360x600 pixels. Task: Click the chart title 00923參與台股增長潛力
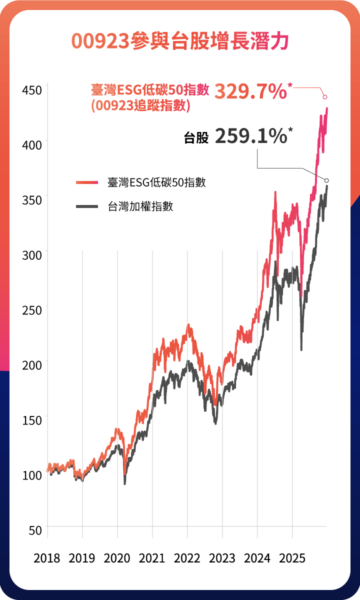pyautogui.click(x=180, y=41)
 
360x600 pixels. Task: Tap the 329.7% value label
pyautogui.click(x=250, y=92)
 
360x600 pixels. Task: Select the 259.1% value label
pyautogui.click(x=250, y=136)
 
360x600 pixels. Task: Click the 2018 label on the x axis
pyautogui.click(x=46, y=558)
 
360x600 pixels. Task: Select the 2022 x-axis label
pyautogui.click(x=187, y=558)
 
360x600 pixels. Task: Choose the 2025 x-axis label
pyautogui.click(x=292, y=558)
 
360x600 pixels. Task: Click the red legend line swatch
pyautogui.click(x=87, y=182)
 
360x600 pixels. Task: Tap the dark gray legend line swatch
pyautogui.click(x=87, y=206)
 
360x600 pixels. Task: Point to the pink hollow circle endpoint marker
pyautogui.click(x=325, y=97)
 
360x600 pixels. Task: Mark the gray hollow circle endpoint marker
pyautogui.click(x=327, y=180)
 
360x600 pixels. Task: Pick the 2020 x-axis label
pyautogui.click(x=117, y=558)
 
